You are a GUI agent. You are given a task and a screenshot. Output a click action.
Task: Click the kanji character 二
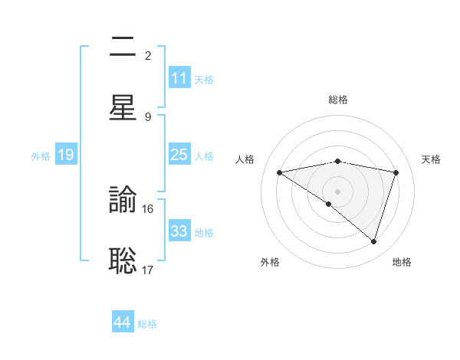123,47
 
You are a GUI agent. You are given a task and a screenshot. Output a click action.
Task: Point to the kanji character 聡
123,260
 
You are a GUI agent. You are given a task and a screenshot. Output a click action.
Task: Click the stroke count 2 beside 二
148,55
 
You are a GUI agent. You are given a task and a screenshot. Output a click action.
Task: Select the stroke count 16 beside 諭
148,208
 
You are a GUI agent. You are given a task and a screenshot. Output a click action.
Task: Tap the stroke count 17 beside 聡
148,269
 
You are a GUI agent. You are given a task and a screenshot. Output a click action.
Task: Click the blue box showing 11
179,78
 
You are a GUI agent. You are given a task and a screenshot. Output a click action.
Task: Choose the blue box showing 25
179,155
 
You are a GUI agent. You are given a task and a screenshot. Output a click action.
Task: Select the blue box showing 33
179,231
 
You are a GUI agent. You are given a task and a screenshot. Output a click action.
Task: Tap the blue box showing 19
66,155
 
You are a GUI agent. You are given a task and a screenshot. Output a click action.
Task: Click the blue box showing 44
123,322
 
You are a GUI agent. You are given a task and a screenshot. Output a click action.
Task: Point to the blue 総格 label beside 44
147,324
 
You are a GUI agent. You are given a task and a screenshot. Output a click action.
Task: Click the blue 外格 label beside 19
41,156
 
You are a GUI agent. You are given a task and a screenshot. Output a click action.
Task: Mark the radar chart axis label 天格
432,159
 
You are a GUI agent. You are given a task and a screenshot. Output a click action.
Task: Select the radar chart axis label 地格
402,262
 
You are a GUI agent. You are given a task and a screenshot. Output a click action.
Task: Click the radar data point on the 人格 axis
280,172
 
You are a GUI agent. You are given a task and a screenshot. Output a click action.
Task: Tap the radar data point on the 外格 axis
329,204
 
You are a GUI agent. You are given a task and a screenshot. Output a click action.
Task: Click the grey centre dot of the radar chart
338,191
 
